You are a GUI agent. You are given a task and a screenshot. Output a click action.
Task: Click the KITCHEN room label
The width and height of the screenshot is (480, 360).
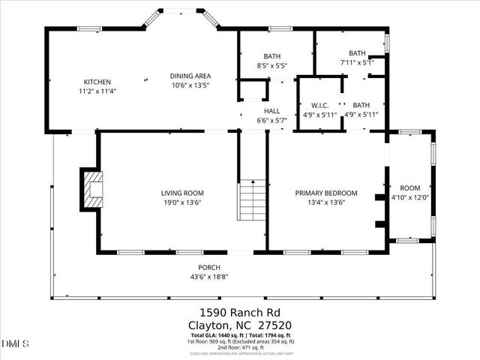(97, 82)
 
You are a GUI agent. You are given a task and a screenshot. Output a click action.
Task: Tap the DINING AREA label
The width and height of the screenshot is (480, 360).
(190, 76)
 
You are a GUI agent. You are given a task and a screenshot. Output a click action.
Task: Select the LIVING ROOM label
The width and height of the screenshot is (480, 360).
(182, 193)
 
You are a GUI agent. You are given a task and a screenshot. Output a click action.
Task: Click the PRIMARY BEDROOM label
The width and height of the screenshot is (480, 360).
(325, 193)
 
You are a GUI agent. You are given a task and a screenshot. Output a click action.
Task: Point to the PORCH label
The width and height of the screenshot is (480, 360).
(208, 268)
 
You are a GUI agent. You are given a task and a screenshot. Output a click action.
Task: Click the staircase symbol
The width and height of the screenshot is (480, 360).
(253, 201)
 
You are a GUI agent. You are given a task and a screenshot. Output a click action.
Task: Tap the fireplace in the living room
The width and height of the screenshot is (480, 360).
(91, 188)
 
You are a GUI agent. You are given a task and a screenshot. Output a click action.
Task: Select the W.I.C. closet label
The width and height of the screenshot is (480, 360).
(310, 105)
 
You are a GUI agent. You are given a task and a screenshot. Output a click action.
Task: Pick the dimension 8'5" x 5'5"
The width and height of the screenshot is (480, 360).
(271, 66)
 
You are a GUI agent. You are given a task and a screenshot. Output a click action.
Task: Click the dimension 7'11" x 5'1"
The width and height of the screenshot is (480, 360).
(357, 62)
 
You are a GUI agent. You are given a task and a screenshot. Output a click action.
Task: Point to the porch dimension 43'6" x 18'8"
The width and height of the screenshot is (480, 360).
(208, 277)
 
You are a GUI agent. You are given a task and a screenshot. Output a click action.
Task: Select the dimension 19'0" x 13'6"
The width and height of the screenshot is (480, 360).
(182, 202)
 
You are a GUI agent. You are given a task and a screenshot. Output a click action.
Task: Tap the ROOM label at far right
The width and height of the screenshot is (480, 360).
(409, 188)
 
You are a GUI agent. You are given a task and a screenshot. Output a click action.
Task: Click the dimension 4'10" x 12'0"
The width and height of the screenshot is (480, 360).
(409, 198)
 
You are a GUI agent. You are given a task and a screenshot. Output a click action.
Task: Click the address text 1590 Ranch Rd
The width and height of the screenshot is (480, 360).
(240, 312)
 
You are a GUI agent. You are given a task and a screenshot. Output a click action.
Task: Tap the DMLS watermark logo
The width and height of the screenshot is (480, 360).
(16, 343)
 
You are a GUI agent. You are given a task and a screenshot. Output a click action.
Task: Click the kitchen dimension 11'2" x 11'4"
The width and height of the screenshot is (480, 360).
(97, 91)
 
